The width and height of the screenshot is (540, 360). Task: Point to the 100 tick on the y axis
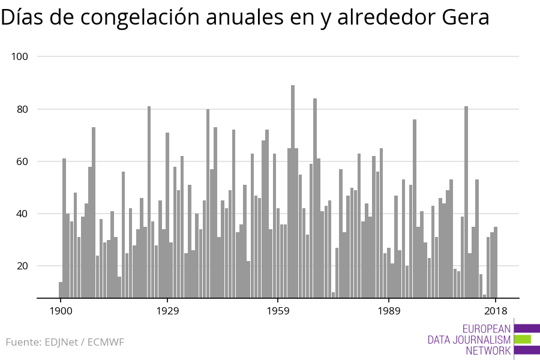coord(20,56)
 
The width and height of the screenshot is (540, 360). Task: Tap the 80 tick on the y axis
coord(23,109)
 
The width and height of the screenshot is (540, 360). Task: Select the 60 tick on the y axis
coord(23,161)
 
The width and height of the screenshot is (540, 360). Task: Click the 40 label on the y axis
coord(23,214)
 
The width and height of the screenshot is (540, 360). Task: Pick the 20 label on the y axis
coord(23,266)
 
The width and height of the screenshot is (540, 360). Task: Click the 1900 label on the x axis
coord(61,311)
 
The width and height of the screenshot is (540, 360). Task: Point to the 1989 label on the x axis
coord(388,311)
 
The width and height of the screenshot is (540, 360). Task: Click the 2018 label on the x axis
coord(496,311)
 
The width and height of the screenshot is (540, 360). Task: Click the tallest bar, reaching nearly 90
coord(293,192)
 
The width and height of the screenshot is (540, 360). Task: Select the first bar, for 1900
coord(61,289)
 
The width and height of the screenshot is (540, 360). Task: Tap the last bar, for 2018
coord(496,262)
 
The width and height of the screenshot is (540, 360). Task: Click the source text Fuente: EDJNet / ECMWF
coord(65,343)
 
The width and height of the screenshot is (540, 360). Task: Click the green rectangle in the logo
coord(522,339)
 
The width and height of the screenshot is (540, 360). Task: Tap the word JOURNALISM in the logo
coord(469,340)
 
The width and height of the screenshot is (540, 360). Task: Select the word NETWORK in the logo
coord(488,350)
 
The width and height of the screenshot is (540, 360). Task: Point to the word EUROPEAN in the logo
coord(487,329)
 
